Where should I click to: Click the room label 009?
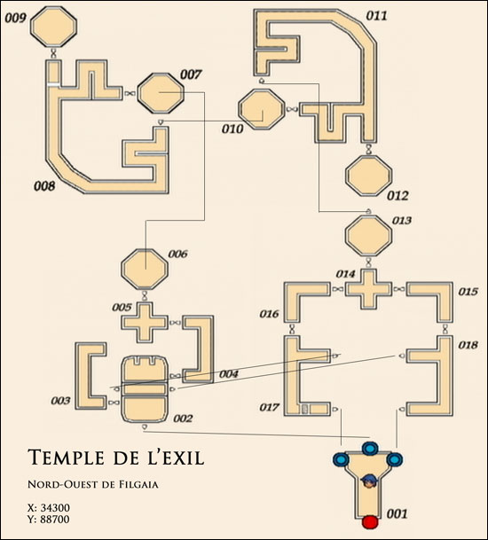pyautogui.click(x=15, y=18)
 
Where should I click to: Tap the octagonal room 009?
pyautogui.click(x=53, y=27)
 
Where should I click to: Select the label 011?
pyautogui.click(x=376, y=16)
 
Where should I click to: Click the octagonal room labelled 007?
pyautogui.click(x=161, y=93)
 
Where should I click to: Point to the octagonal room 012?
pyautogui.click(x=369, y=176)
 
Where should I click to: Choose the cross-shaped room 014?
pyautogui.click(x=369, y=289)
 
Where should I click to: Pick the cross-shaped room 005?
pyautogui.click(x=145, y=323)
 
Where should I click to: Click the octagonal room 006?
pyautogui.click(x=145, y=269)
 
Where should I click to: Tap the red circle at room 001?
pyautogui.click(x=370, y=521)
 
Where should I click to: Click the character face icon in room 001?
pyautogui.click(x=369, y=481)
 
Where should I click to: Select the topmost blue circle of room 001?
pyautogui.click(x=370, y=449)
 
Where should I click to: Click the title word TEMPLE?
pyautogui.click(x=66, y=458)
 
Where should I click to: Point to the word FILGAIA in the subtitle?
pyautogui.click(x=139, y=484)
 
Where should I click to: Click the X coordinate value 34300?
pyautogui.click(x=55, y=507)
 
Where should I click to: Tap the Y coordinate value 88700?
pyautogui.click(x=55, y=519)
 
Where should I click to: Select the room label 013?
pyautogui.click(x=402, y=221)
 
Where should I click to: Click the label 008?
pyautogui.click(x=44, y=186)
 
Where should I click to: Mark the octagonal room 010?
pyautogui.click(x=262, y=109)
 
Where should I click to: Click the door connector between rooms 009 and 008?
pyautogui.click(x=54, y=53)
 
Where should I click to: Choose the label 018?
pyautogui.click(x=468, y=345)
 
